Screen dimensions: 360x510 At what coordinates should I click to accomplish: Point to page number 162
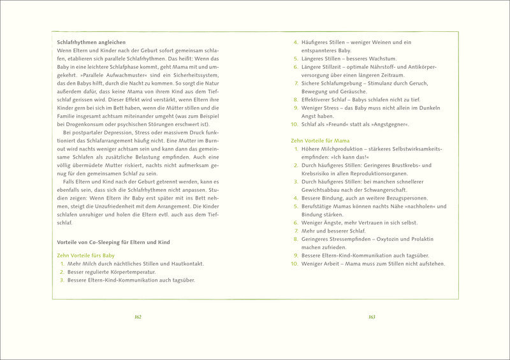click(138, 317)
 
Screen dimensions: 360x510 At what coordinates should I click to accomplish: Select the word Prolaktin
click(420, 239)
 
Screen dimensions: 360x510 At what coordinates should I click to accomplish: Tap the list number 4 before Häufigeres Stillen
click(296, 43)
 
